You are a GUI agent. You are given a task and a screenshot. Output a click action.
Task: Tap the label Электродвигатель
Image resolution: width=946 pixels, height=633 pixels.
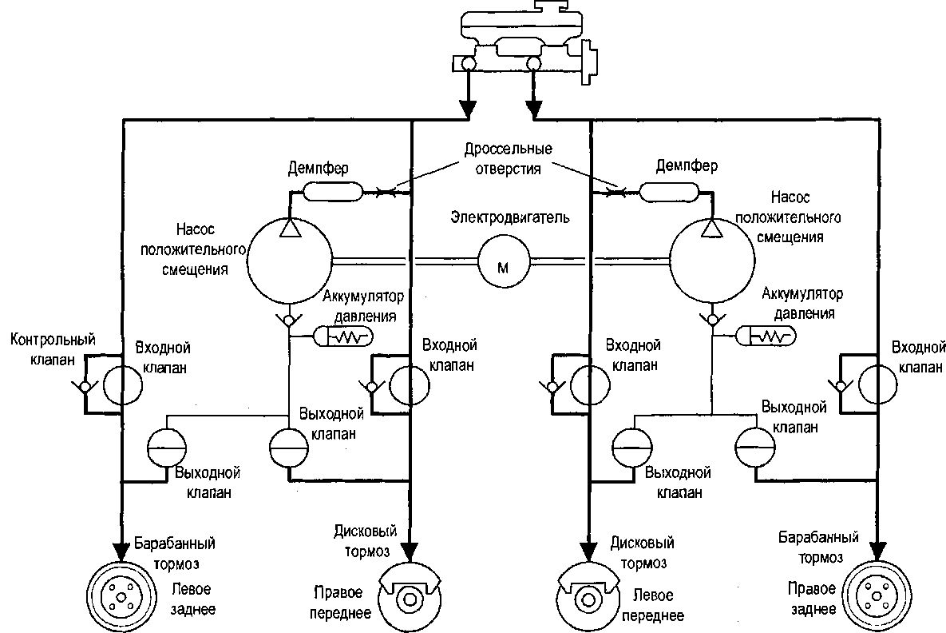point(510,217)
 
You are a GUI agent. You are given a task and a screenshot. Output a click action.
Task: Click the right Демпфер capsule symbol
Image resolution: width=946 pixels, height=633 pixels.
point(668,192)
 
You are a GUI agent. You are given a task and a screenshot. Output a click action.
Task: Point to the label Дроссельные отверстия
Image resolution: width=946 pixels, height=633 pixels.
point(508,158)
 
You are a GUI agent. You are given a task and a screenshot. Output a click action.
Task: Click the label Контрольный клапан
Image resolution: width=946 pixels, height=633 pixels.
point(53,349)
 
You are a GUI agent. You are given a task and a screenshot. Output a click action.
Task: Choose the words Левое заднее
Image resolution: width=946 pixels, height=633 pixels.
point(192,599)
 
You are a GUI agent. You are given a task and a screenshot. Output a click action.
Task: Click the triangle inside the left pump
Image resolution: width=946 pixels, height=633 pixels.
point(291,229)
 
